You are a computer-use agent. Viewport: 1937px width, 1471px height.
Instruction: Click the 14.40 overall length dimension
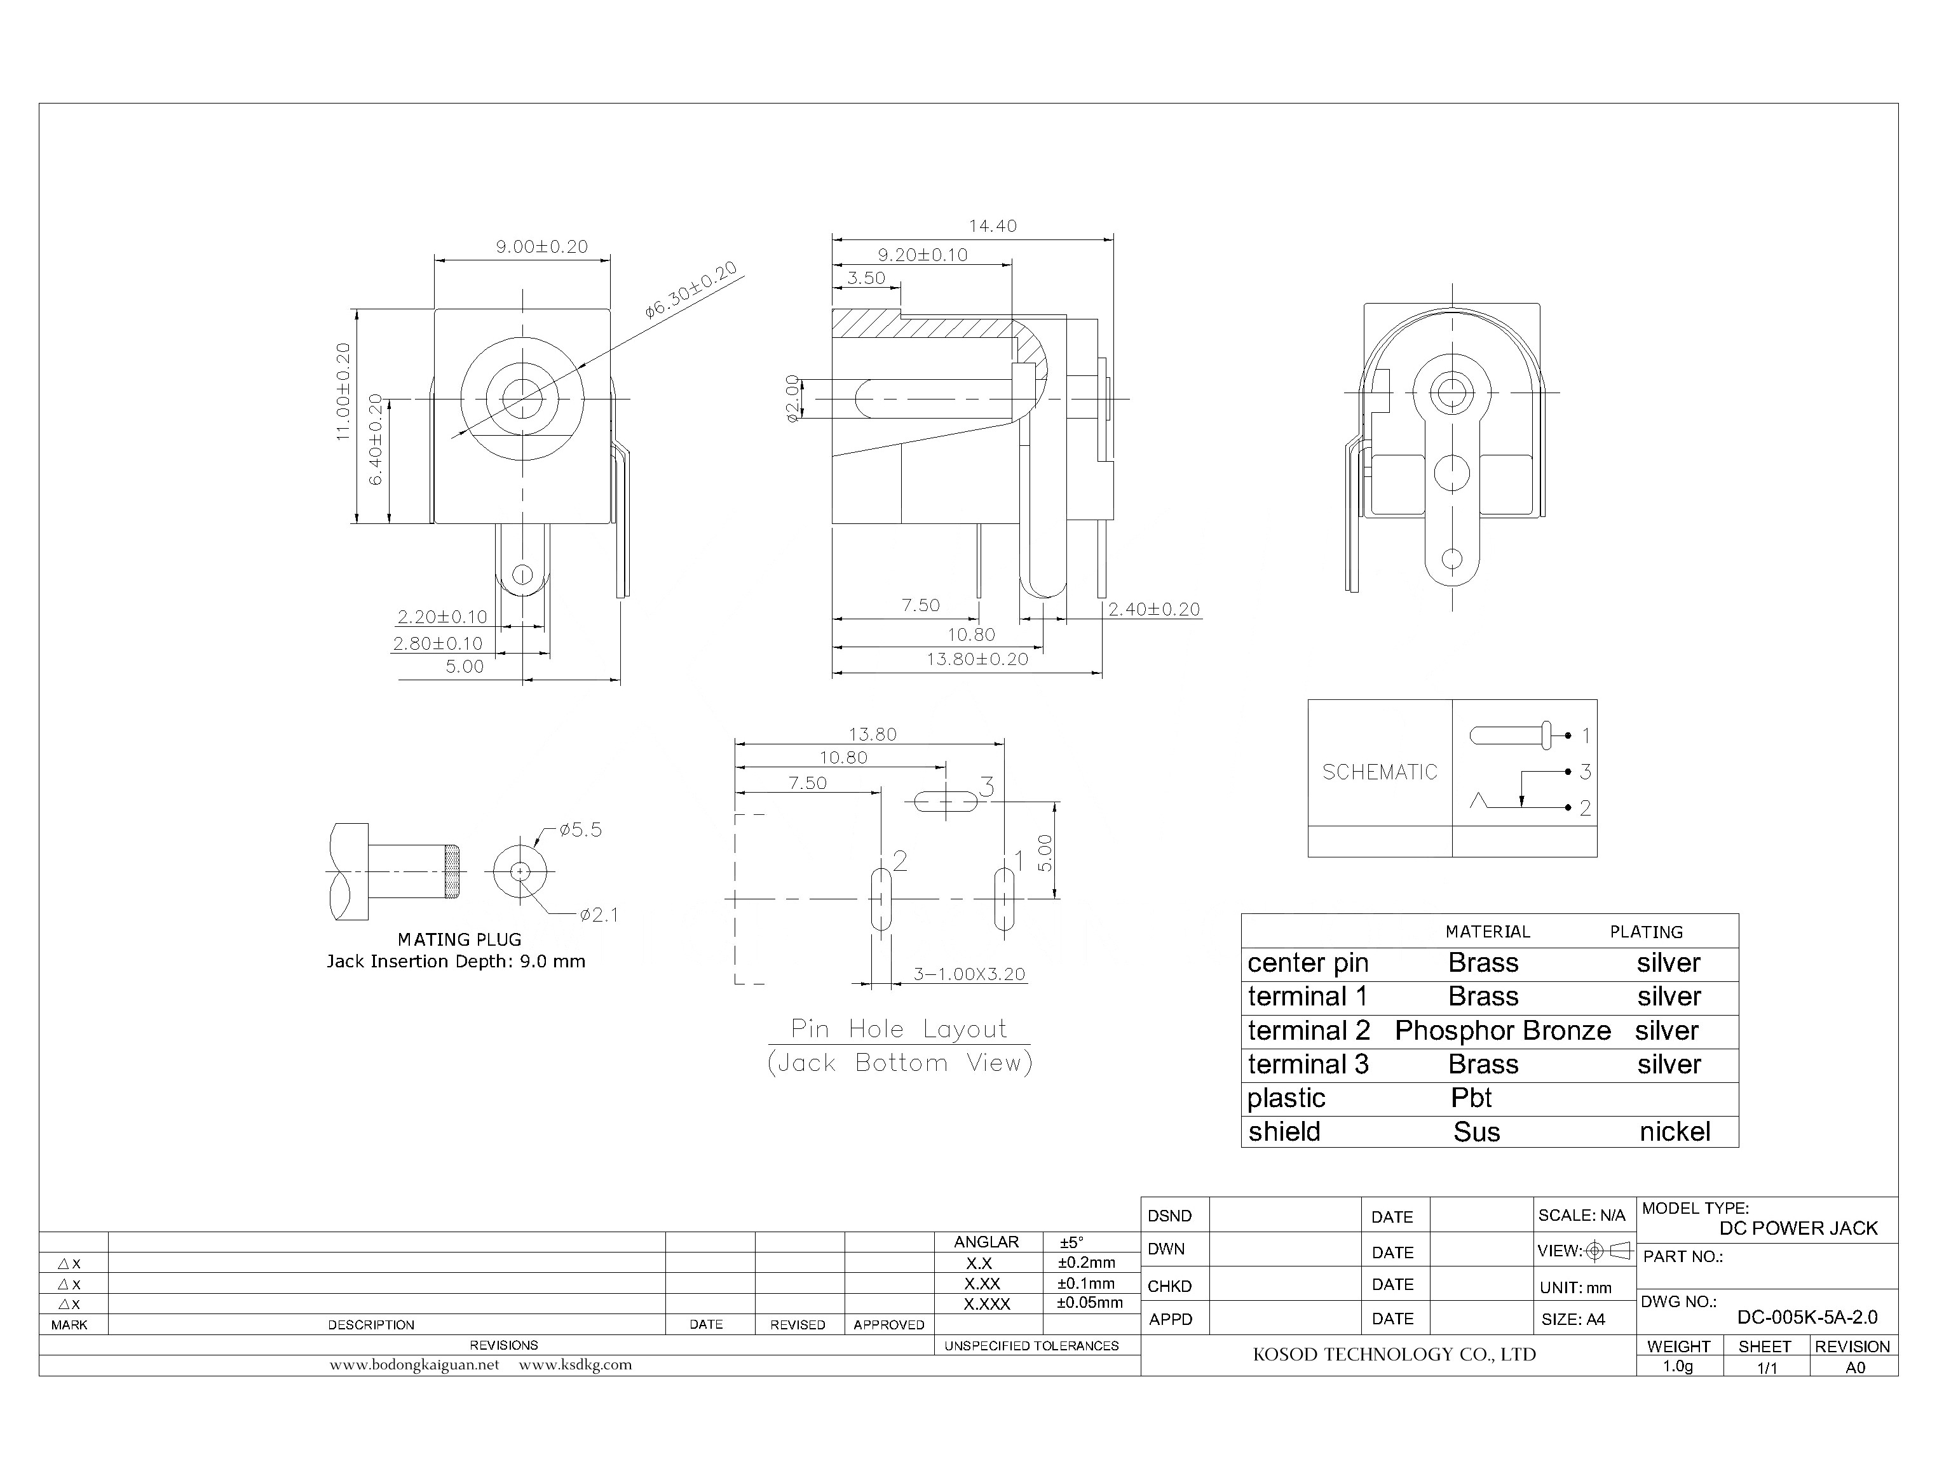coord(992,226)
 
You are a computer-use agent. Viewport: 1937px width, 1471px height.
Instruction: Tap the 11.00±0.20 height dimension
coord(343,391)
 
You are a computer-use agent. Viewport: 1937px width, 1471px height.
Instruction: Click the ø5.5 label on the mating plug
coord(580,830)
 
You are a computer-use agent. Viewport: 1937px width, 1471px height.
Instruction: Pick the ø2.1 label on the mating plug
coord(599,915)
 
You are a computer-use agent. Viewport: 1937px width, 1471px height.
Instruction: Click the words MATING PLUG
coord(459,939)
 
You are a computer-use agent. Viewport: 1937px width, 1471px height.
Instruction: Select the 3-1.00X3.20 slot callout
coord(969,974)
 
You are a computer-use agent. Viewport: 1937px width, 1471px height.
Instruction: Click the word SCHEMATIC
coord(1379,772)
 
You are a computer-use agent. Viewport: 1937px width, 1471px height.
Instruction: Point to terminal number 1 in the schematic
coord(1585,735)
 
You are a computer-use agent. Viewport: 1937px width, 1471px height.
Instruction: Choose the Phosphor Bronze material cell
coord(1502,1031)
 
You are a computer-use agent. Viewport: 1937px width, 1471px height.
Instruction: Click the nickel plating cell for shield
coord(1674,1131)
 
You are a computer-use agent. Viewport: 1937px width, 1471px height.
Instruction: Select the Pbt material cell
coord(1471,1098)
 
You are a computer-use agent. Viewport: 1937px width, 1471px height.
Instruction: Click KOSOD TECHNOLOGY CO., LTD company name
coord(1394,1355)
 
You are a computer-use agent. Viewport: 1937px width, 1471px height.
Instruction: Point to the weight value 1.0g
coord(1678,1366)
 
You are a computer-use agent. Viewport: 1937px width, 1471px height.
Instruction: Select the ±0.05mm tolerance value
coord(1090,1303)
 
